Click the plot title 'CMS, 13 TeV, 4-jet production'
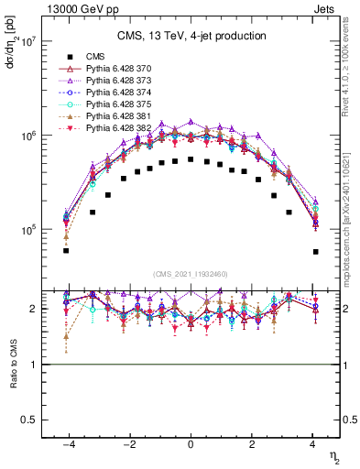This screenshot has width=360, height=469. tap(191, 37)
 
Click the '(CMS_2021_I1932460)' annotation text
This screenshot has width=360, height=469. tap(191, 274)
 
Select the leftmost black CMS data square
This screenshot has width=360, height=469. tap(66, 250)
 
